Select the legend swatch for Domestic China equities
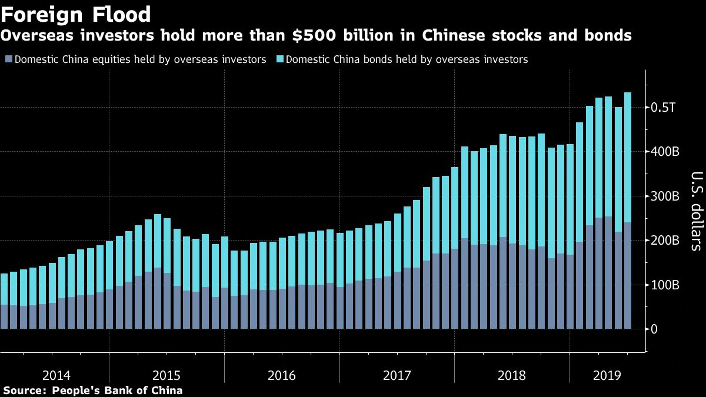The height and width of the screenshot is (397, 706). pos(8,59)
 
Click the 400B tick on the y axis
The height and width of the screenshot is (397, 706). pos(667,152)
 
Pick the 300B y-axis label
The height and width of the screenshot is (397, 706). pos(667,196)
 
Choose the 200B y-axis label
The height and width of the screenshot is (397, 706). pos(667,241)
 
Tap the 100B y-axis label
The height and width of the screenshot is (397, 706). pos(667,285)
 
